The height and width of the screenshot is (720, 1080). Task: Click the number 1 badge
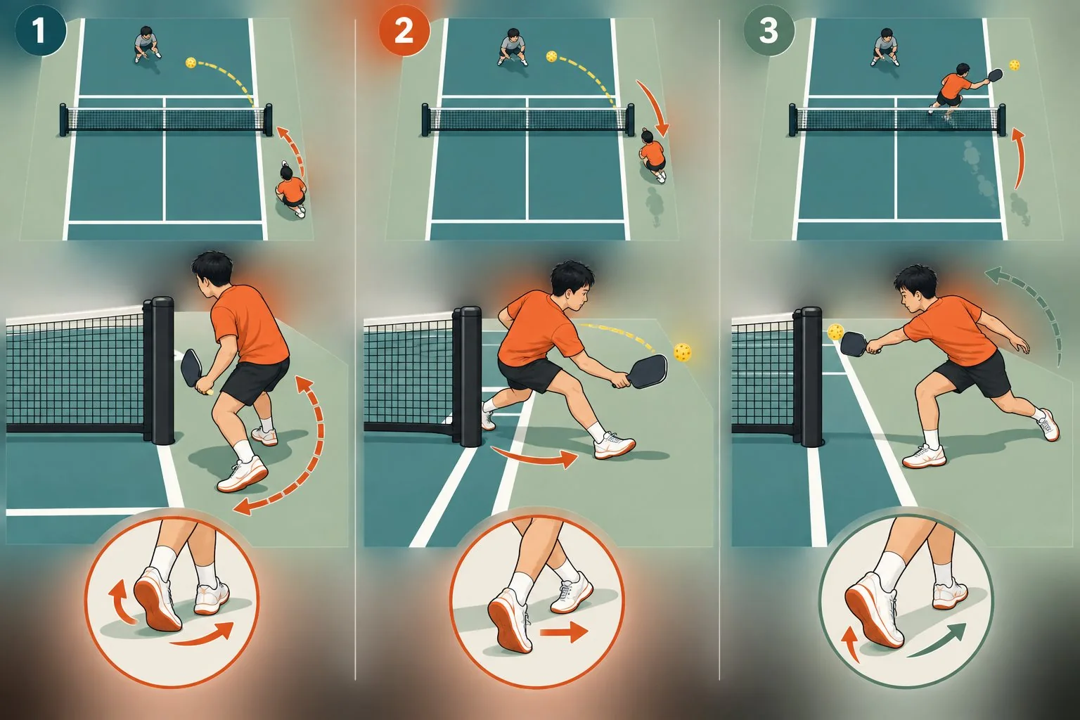pyautogui.click(x=41, y=31)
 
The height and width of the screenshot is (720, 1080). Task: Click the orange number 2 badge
pyautogui.click(x=404, y=31)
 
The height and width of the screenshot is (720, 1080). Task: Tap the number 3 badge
pyautogui.click(x=769, y=31)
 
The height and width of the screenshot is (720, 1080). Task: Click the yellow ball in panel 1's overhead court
pyautogui.click(x=191, y=63)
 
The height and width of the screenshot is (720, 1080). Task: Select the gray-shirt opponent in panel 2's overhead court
pyautogui.click(x=512, y=47)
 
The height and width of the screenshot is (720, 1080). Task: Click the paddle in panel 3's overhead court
pyautogui.click(x=995, y=75)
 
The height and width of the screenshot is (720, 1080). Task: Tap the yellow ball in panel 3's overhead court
pyautogui.click(x=1014, y=65)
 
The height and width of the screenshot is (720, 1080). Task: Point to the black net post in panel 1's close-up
pyautogui.click(x=162, y=371)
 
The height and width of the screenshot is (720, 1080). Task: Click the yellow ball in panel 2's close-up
pyautogui.click(x=682, y=352)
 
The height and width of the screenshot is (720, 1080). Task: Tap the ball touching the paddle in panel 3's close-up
pyautogui.click(x=835, y=333)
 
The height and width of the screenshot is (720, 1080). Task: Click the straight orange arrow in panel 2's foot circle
pyautogui.click(x=564, y=632)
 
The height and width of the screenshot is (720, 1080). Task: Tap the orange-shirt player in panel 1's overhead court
pyautogui.click(x=291, y=191)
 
